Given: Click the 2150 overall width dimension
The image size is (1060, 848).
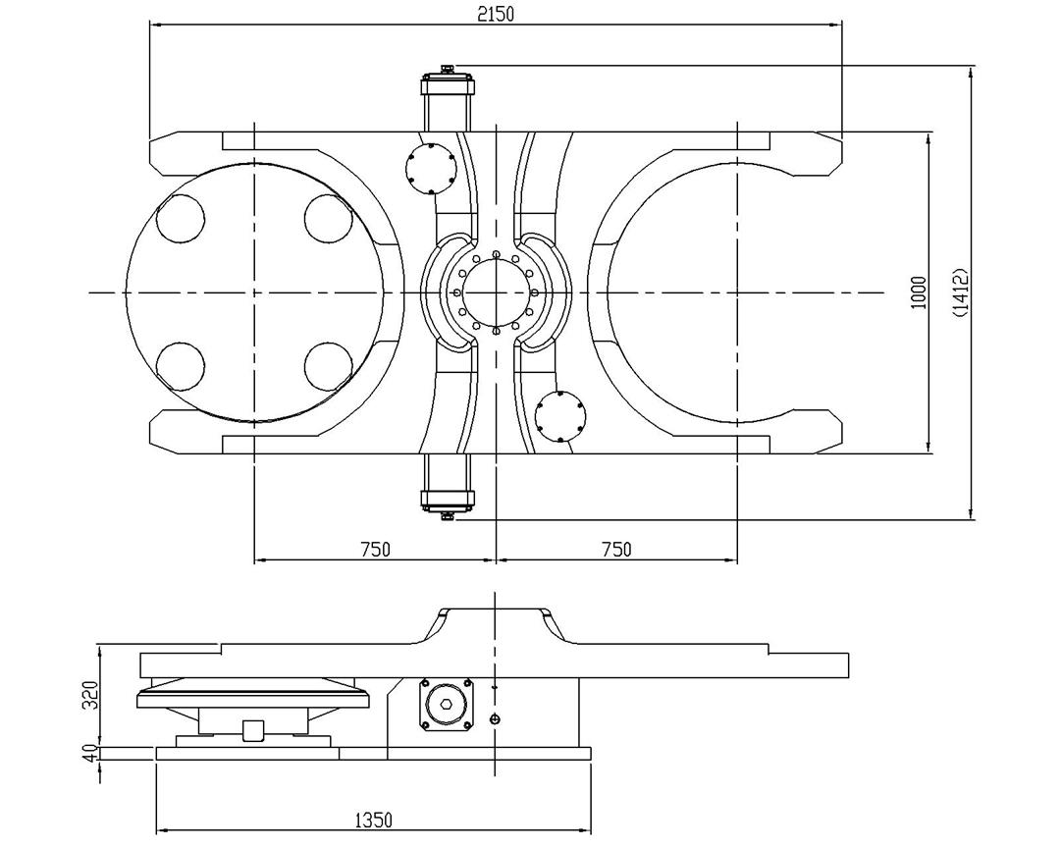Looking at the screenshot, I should coord(496,13).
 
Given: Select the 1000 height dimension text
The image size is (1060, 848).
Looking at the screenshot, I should coord(919,292).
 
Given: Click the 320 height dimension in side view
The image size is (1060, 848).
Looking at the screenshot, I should coord(89,694).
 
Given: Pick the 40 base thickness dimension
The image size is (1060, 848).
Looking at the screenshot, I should coord(89,753).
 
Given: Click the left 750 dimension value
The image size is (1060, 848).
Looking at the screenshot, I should coord(373,550).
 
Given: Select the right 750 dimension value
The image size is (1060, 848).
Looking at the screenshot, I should coord(615,550).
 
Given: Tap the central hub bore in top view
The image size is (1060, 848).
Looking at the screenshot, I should coord(496,292).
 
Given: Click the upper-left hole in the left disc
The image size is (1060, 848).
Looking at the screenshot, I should coord(180,219).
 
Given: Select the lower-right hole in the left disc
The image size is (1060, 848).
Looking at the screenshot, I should coord(328,366).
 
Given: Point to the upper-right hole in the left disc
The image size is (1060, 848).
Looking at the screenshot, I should coord(328,219).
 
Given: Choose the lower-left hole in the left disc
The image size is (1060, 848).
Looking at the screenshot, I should coord(180,366).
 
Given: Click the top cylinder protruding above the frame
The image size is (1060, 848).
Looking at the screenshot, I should coord(448,98).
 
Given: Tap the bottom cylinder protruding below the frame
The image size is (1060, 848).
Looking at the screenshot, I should coord(448,488).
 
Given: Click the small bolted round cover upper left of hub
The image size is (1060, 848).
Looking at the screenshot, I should coord(431,168).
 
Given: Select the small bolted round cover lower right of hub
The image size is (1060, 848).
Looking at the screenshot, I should coord(560,417).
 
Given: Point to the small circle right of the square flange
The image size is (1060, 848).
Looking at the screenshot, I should coord(495,720).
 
